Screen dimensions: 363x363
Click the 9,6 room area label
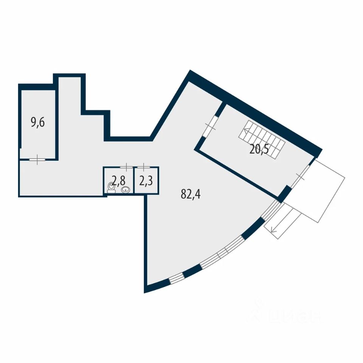(38, 123)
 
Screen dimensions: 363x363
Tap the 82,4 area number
(191, 195)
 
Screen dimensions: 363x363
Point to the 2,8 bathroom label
(118, 180)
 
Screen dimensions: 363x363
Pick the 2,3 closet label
(146, 180)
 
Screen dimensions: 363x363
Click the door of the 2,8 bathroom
(127, 167)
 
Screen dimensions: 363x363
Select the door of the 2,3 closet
(144, 167)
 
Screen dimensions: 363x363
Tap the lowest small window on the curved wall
(176, 279)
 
